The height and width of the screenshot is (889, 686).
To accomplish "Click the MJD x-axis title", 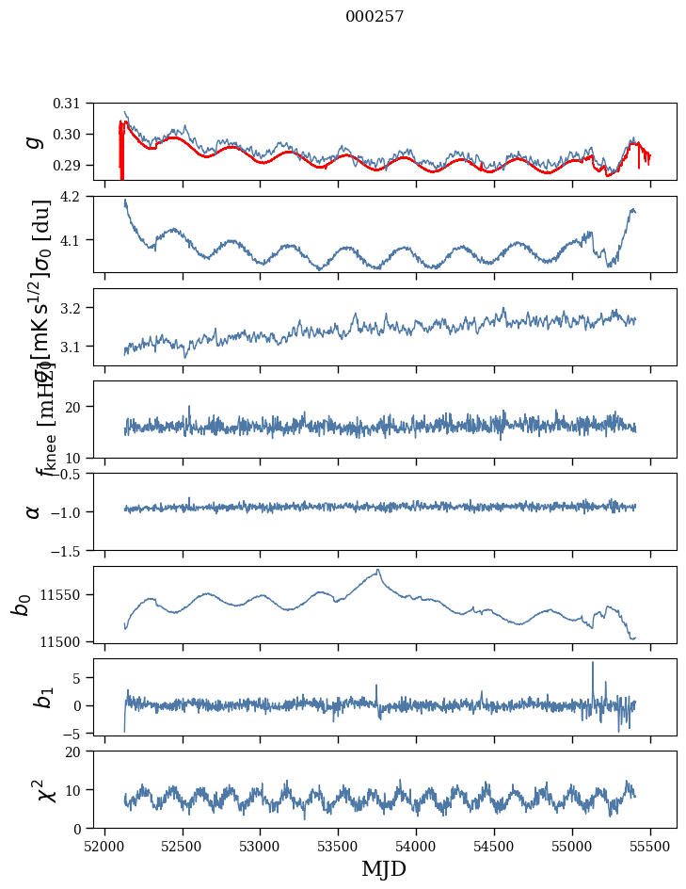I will point(384,868).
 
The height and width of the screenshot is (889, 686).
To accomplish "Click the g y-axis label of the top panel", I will point(34,141).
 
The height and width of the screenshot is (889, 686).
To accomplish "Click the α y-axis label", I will point(34,511).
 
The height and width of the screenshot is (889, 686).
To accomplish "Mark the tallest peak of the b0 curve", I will point(378,570).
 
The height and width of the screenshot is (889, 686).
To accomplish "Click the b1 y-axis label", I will point(34,697).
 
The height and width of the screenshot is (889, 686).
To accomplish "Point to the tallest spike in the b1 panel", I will point(593,663).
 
